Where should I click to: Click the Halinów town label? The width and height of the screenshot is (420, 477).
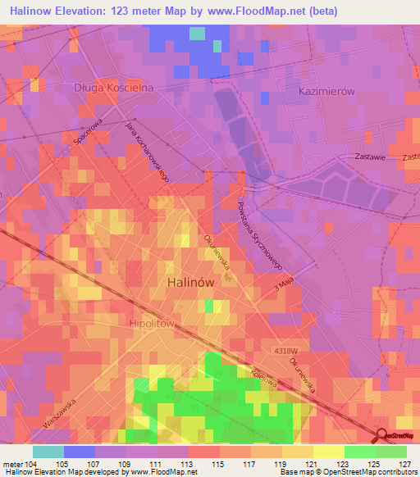pyautogui.click(x=190, y=280)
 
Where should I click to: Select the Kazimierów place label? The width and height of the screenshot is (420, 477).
pyautogui.click(x=326, y=92)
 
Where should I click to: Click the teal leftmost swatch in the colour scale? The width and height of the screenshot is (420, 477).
pyautogui.click(x=48, y=452)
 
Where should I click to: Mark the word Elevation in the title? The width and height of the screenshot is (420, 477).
pyautogui.click(x=83, y=11)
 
